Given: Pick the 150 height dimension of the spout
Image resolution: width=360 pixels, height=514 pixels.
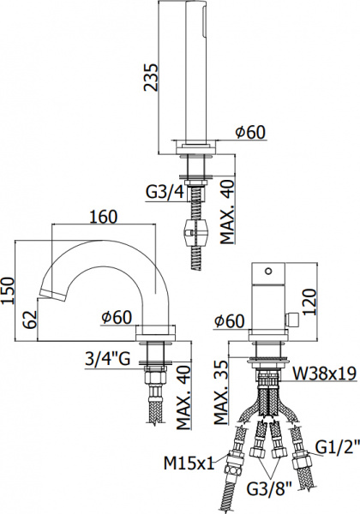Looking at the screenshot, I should [x=9, y=290].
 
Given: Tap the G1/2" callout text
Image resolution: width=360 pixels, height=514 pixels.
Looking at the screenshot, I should [x=333, y=447].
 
